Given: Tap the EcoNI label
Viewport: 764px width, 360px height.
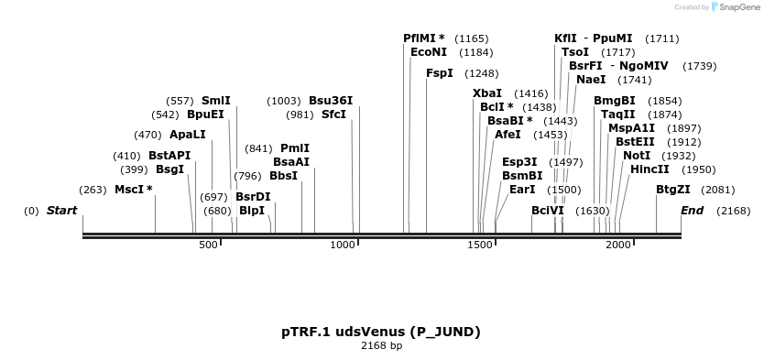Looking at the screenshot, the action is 429,52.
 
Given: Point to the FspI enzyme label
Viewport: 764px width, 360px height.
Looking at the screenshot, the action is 440,73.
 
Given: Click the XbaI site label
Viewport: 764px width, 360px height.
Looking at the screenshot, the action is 487,93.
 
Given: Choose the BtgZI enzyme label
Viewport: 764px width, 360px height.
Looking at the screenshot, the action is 673,190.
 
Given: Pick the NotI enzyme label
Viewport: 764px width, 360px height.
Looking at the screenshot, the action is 637,156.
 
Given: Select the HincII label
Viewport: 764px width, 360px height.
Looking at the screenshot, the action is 649,169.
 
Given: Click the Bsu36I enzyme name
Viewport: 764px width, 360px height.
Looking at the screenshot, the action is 331,101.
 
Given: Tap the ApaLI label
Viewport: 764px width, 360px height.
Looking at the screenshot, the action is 187,135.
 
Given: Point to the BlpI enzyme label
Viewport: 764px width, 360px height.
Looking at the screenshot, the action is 252,211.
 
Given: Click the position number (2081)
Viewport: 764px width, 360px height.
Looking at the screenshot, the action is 717,191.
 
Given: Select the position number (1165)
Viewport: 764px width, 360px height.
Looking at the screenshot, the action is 472,38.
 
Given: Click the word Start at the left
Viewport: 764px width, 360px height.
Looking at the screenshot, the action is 61,211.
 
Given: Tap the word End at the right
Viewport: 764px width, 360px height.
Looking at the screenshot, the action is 692,211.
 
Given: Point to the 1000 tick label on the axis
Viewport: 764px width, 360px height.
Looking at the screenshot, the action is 343,245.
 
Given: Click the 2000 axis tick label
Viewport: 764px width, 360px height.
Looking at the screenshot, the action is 618,245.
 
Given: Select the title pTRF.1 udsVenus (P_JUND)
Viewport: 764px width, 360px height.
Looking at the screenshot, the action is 381,331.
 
